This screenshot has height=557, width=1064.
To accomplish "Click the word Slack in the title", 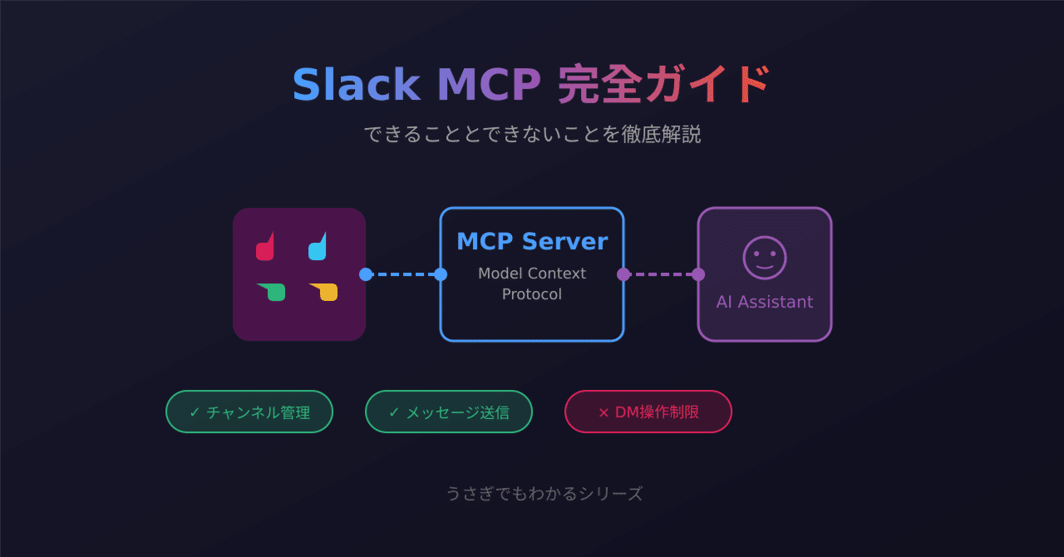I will click(x=355, y=85).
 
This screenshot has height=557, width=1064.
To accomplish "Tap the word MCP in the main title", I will click(x=489, y=85).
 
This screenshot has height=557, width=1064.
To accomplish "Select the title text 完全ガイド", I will click(x=664, y=85).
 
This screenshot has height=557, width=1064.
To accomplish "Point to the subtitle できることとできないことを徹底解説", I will click(x=532, y=134).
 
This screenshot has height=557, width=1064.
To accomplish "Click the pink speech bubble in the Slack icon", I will click(x=265, y=248).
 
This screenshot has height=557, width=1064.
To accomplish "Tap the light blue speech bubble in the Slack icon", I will click(x=318, y=248).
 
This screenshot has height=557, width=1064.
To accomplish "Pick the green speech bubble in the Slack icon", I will click(x=273, y=292).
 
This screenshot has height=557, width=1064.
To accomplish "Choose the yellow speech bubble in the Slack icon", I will click(x=326, y=292).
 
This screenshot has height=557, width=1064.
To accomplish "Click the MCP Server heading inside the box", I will click(x=532, y=241).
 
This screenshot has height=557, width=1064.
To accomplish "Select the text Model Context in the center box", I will click(x=532, y=274).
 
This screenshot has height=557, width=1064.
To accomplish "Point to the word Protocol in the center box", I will click(x=532, y=294).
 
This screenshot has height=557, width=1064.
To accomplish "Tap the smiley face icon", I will click(x=765, y=258).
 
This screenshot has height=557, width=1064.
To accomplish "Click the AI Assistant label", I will click(x=765, y=302).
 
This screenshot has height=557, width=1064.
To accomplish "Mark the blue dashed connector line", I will click(x=403, y=274).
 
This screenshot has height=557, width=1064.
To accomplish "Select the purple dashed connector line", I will click(x=661, y=274).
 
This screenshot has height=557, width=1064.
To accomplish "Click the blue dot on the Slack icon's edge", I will click(x=366, y=274).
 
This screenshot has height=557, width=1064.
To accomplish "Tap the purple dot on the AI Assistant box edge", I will click(x=698, y=274).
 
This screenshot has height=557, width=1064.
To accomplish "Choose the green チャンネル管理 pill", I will click(x=249, y=412).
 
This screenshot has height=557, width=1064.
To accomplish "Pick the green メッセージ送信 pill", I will click(x=449, y=412).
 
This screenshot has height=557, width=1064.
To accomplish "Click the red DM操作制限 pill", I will click(x=648, y=412).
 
